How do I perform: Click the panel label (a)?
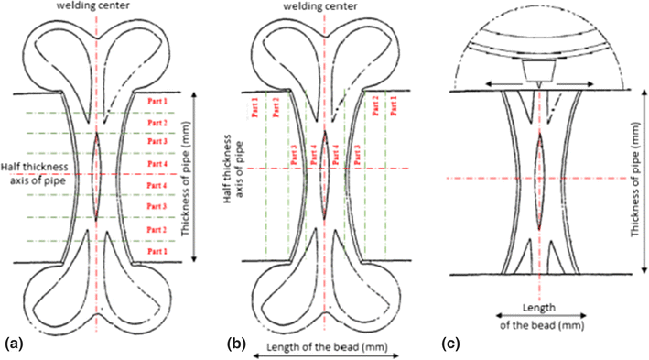[x=15, y=344]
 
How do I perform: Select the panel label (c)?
[x=450, y=344]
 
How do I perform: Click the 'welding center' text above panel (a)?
[x=96, y=8]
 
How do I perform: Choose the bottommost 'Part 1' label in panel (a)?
[x=157, y=251]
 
